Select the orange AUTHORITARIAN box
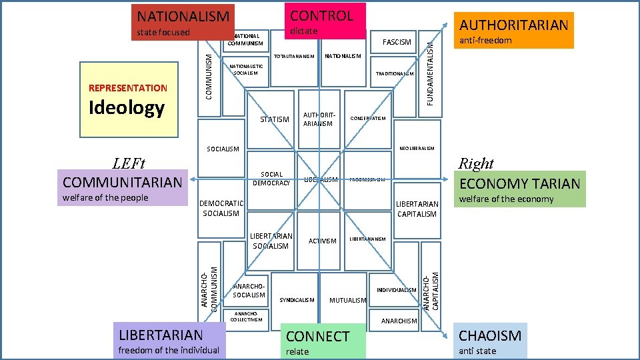tap(513, 30)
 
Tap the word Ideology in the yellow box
tap(127, 108)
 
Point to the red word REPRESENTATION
tap(128, 88)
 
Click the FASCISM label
tap(397, 42)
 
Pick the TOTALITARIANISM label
tap(294, 57)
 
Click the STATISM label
tap(274, 120)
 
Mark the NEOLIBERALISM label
tap(416, 148)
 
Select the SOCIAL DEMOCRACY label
tap(272, 179)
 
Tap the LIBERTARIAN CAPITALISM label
tap(417, 209)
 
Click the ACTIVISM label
tap(323, 241)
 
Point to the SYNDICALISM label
tap(297, 300)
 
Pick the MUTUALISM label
tap(348, 301)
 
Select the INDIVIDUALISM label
tap(397, 290)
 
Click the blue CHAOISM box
tap(491, 341)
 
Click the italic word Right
tap(476, 163)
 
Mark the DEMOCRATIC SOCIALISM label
tap(221, 208)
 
